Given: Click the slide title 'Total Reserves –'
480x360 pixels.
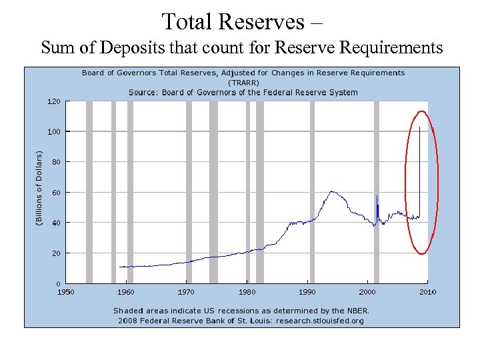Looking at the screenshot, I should [242, 21].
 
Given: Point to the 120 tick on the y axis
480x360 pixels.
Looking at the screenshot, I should [53, 101].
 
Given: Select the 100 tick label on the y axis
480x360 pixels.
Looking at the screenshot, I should [53, 132].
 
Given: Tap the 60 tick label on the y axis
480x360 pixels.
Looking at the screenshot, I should [55, 193].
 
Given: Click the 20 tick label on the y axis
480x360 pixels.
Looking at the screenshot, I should [55, 253].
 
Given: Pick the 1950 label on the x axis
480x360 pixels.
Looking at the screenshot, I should [65, 292].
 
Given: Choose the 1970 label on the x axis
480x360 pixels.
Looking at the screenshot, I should [186, 292].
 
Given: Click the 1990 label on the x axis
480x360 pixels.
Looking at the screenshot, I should [307, 292].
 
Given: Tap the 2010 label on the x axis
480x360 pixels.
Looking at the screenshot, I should [427, 292].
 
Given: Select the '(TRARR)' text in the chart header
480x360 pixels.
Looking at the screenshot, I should [243, 82].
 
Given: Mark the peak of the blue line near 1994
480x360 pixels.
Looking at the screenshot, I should [331, 192].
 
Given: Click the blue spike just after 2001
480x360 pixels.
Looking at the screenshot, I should [377, 196].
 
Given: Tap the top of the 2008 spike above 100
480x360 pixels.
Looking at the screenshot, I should [419, 127].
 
